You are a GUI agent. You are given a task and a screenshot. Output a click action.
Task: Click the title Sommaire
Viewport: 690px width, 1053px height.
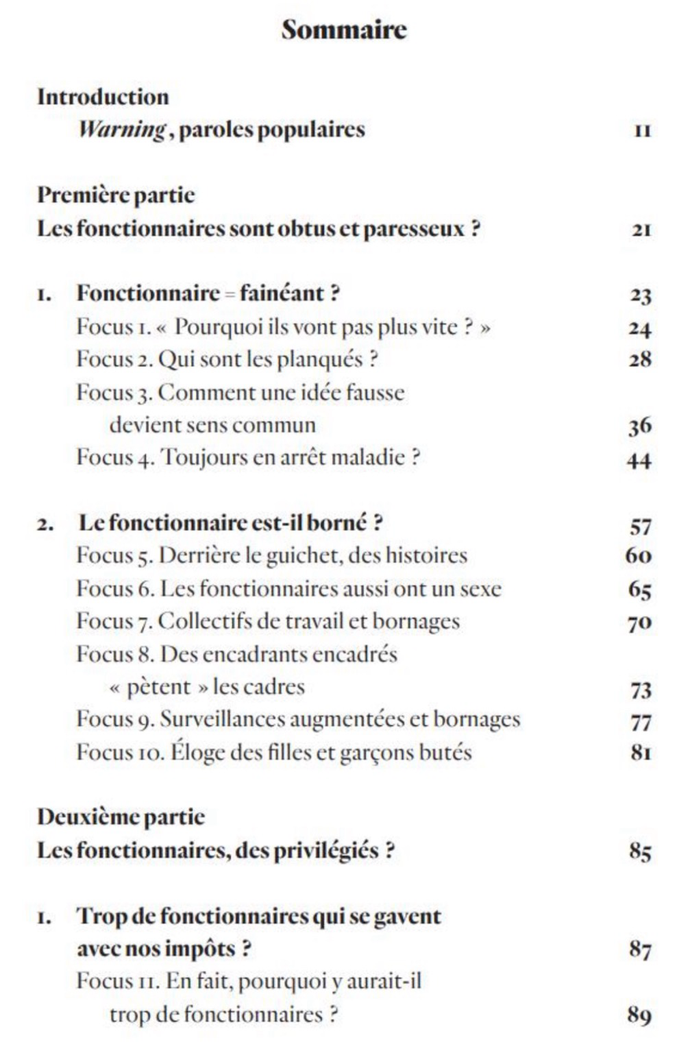[x=344, y=29]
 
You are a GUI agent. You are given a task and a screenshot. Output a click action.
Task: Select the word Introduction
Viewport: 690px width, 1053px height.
[x=103, y=97]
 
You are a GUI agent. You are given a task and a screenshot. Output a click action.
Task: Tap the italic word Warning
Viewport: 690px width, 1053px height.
[x=122, y=130]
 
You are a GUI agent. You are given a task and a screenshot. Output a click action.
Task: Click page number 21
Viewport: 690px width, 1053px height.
[x=641, y=230]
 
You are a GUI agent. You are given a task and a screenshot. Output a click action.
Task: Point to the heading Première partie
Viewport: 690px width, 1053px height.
[x=116, y=195]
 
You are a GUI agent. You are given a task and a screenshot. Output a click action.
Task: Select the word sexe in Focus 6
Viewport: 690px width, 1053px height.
[x=480, y=589]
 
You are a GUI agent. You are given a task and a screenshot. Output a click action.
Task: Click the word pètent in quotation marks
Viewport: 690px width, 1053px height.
[x=159, y=687]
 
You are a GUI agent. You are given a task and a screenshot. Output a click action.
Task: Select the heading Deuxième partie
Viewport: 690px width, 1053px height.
[x=121, y=816]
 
